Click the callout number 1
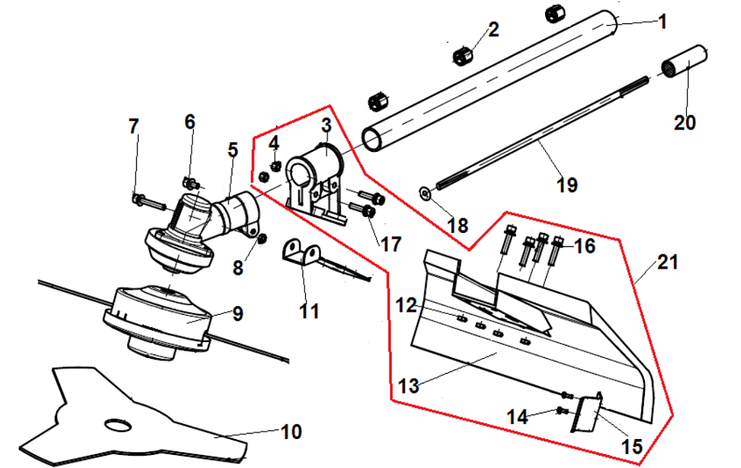(x=661, y=21)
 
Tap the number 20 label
(x=684, y=122)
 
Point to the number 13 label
(x=408, y=386)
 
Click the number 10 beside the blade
(x=291, y=433)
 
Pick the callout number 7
(x=133, y=127)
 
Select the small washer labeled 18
(x=425, y=192)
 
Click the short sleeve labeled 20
(x=685, y=66)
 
